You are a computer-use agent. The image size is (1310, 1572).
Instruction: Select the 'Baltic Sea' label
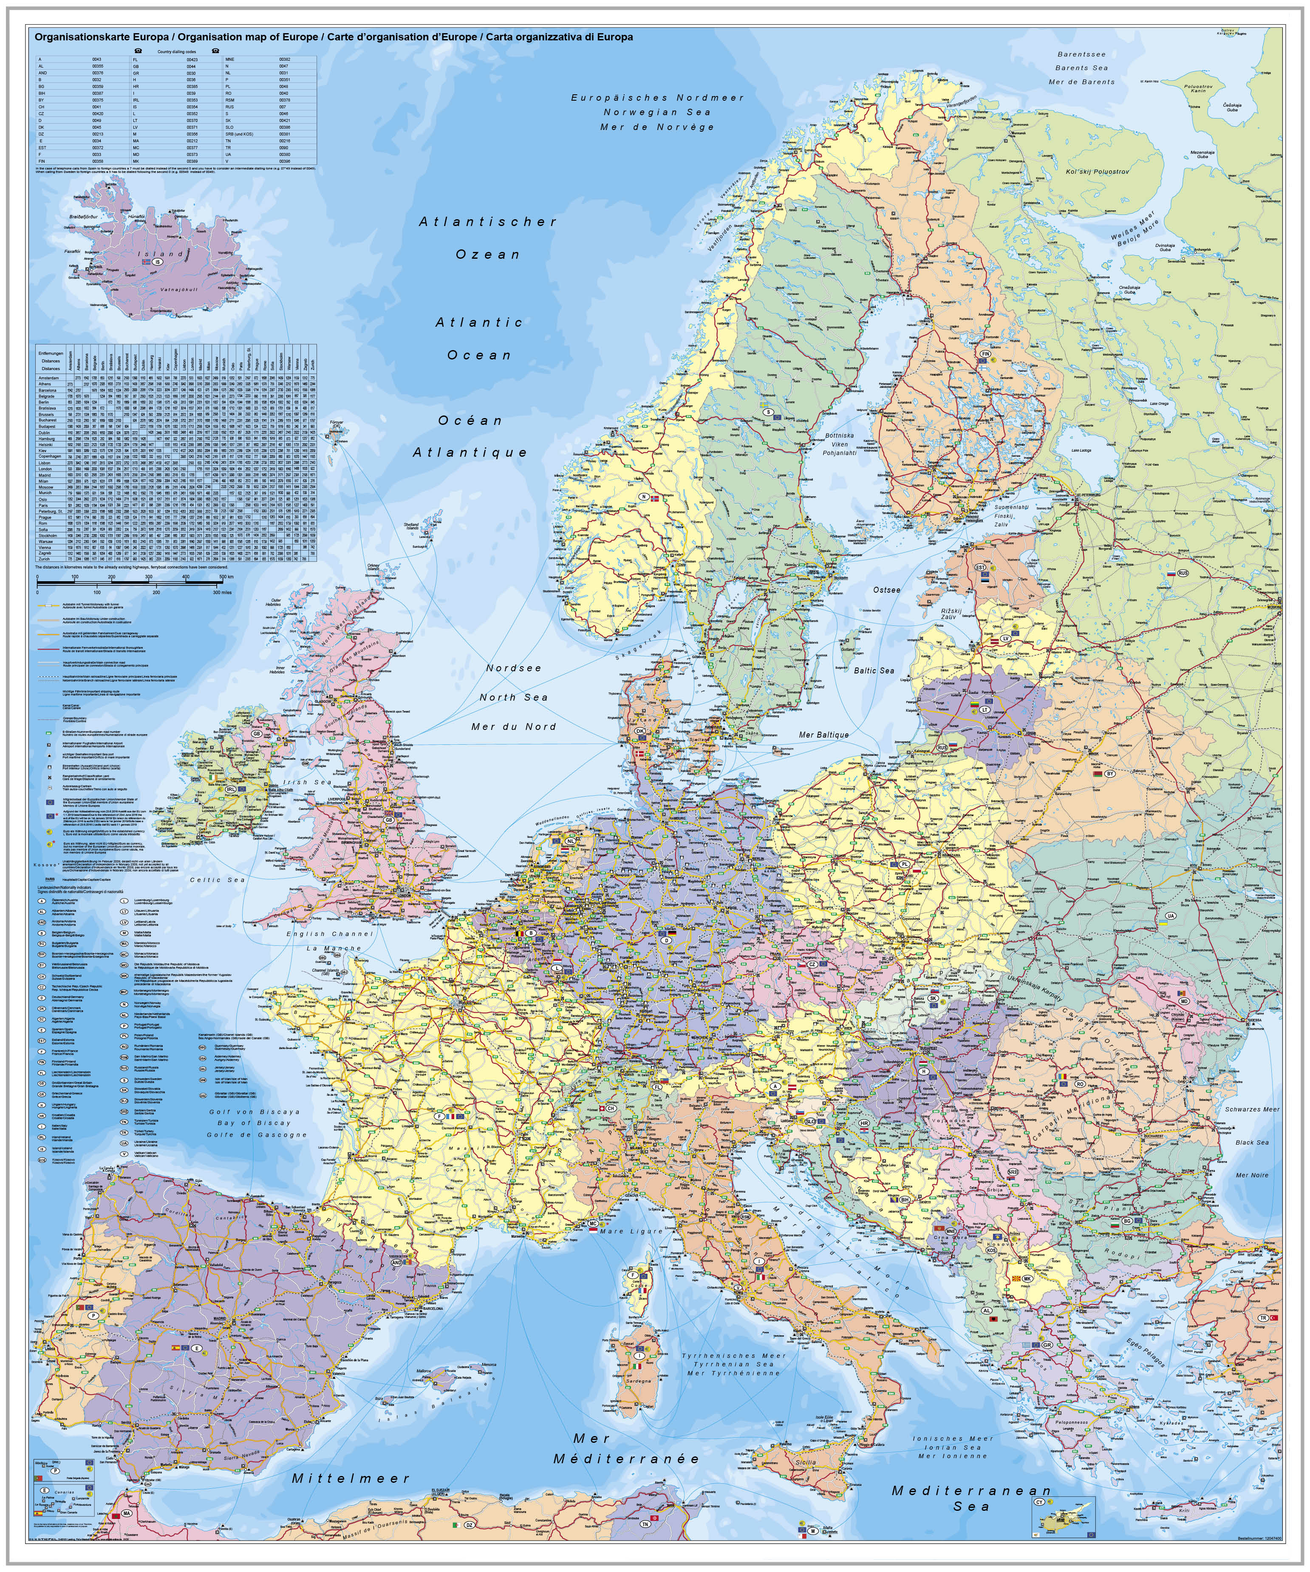coord(874,671)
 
